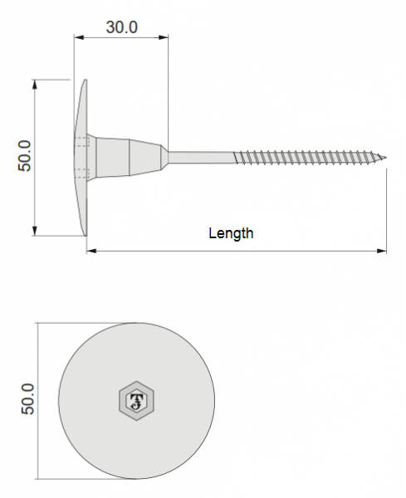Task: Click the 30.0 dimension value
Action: [x=121, y=27]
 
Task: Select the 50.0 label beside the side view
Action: [x=25, y=156]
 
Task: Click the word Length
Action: [x=231, y=233]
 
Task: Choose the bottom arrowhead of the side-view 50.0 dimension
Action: [x=36, y=232]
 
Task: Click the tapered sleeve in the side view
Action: [x=129, y=156]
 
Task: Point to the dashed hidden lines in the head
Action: [x=81, y=156]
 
